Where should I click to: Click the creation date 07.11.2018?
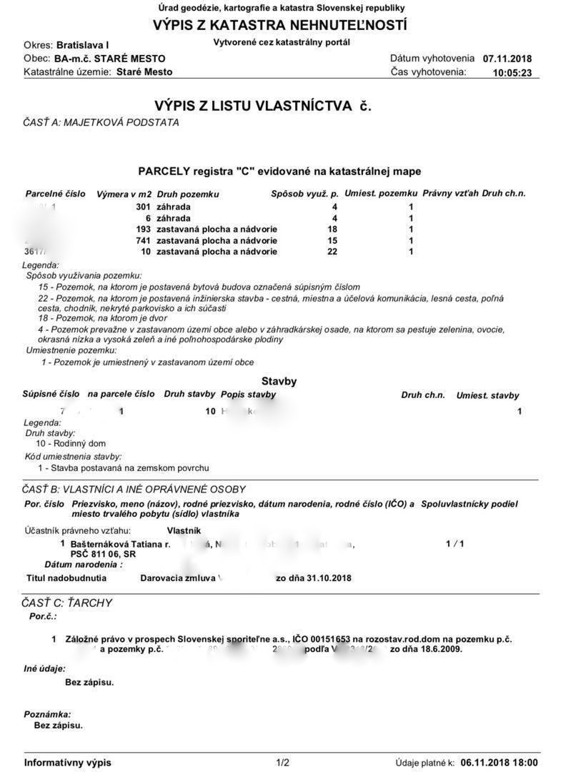point(507,59)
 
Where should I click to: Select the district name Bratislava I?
point(83,45)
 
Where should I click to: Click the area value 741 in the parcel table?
point(143,241)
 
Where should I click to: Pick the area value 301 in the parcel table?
point(143,207)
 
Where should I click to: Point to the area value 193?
point(143,229)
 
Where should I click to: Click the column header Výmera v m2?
point(124,194)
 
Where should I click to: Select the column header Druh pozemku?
point(187,194)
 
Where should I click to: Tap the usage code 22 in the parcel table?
point(332,252)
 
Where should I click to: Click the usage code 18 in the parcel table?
point(332,229)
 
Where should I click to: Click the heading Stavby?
point(279,382)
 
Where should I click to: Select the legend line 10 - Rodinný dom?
point(71,444)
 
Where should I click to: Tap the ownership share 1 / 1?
point(455,544)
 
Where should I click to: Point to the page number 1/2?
point(282,763)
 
